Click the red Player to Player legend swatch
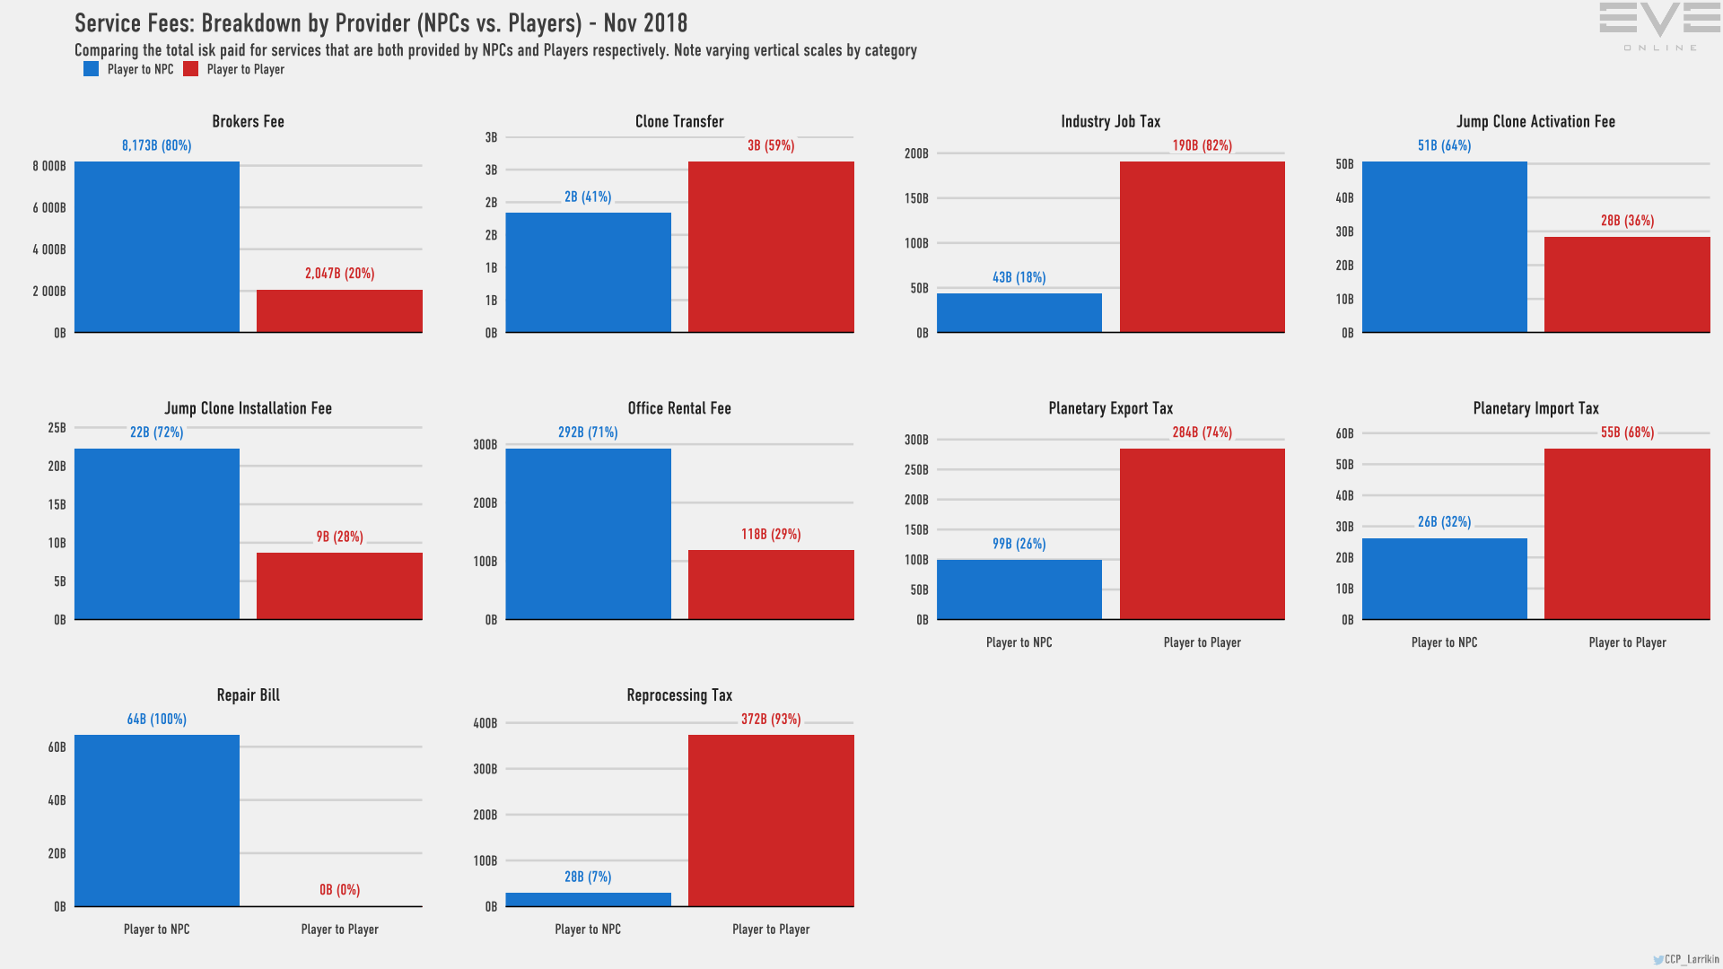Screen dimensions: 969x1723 pos(190,69)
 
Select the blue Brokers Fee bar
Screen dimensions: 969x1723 pos(157,247)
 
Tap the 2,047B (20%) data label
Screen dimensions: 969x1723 pos(339,274)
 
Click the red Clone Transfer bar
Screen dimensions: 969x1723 pos(771,247)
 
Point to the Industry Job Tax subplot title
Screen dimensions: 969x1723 pos(1110,121)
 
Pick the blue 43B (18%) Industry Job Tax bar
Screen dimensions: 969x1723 pos(1019,312)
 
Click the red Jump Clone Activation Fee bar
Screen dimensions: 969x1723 pos(1627,284)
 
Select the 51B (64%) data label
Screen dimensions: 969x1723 pos(1444,145)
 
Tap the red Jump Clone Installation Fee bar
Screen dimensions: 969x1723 pos(339,586)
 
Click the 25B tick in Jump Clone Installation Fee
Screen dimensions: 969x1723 pos(57,428)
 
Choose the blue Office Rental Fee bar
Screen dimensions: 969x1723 pos(588,534)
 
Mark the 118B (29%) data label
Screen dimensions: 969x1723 pos(771,535)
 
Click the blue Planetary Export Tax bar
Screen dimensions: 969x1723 pos(1019,589)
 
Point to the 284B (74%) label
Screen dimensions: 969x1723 pos(1202,432)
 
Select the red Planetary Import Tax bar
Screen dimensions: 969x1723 pos(1627,534)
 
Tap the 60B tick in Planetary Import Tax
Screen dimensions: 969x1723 pos(1344,434)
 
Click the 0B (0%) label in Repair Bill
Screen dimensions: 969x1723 pos(339,890)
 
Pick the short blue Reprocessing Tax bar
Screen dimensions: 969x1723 pos(588,899)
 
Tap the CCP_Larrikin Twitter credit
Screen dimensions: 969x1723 pos(1686,959)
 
